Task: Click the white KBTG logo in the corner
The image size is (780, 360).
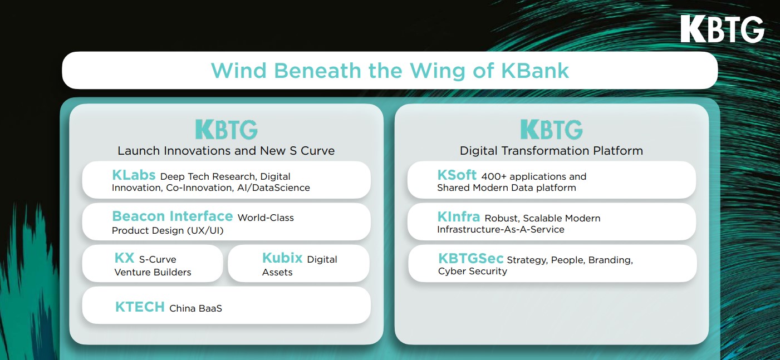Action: pos(722,29)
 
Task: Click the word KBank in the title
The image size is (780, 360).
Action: pos(535,71)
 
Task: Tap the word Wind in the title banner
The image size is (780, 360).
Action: pos(239,71)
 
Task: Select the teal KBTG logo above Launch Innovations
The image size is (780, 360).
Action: pos(227,129)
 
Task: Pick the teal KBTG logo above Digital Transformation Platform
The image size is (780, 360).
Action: pos(552,129)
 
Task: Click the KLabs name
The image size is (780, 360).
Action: pos(134,175)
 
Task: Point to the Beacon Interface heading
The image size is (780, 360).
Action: pos(173,216)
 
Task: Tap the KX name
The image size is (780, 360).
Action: pos(124,258)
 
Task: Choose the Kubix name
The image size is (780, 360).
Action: pos(282,258)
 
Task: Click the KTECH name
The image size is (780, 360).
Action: pos(140,307)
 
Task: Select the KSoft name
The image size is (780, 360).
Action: pos(457,175)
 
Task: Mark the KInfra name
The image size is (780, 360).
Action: pos(459,217)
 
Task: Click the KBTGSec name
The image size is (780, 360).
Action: pos(471,259)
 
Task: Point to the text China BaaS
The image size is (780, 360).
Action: pos(196,308)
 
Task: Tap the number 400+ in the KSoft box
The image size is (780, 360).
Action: pos(494,176)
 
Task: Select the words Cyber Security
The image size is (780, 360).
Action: pos(473,271)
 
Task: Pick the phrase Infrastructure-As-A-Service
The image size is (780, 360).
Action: pos(501,229)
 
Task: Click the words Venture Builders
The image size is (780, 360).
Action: pos(153,272)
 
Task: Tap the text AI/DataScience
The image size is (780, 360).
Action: pos(273,188)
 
